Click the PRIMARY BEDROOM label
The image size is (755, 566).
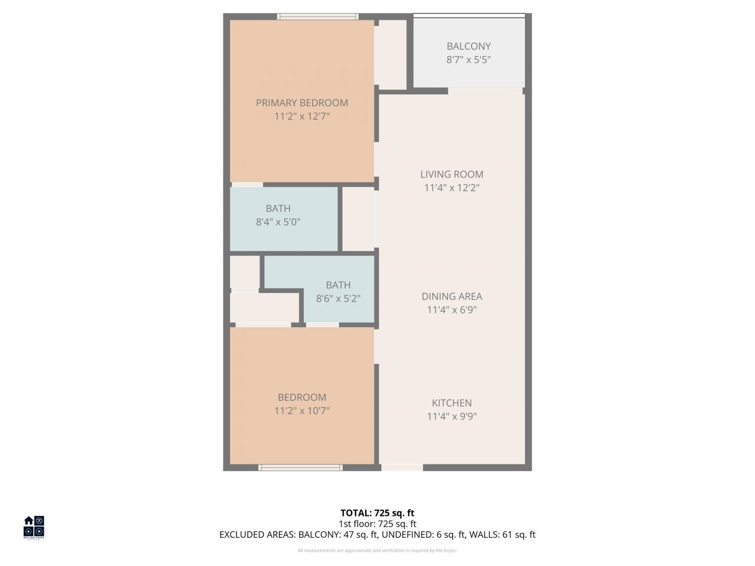(301, 103)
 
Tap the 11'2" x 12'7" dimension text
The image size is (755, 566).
(301, 116)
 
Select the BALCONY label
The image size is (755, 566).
(468, 46)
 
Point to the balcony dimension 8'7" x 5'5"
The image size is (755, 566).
(468, 60)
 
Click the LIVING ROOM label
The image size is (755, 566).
(451, 174)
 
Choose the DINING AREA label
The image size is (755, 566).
(451, 296)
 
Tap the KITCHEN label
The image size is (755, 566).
(451, 403)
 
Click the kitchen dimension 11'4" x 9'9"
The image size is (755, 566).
(451, 416)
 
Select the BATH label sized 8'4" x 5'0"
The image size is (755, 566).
(278, 208)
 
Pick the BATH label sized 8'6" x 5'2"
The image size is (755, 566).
(338, 285)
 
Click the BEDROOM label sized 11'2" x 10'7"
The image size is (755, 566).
(301, 397)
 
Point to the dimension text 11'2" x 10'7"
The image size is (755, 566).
(301, 410)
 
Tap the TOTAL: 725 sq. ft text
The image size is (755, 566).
(377, 513)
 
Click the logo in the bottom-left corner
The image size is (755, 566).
(34, 527)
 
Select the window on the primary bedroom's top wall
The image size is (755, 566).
(318, 17)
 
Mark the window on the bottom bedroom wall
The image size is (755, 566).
(300, 468)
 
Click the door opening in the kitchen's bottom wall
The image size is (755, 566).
(402, 468)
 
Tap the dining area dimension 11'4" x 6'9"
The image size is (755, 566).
(451, 310)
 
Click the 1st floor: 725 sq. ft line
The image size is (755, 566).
(377, 524)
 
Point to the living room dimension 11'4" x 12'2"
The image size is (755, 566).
(451, 187)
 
